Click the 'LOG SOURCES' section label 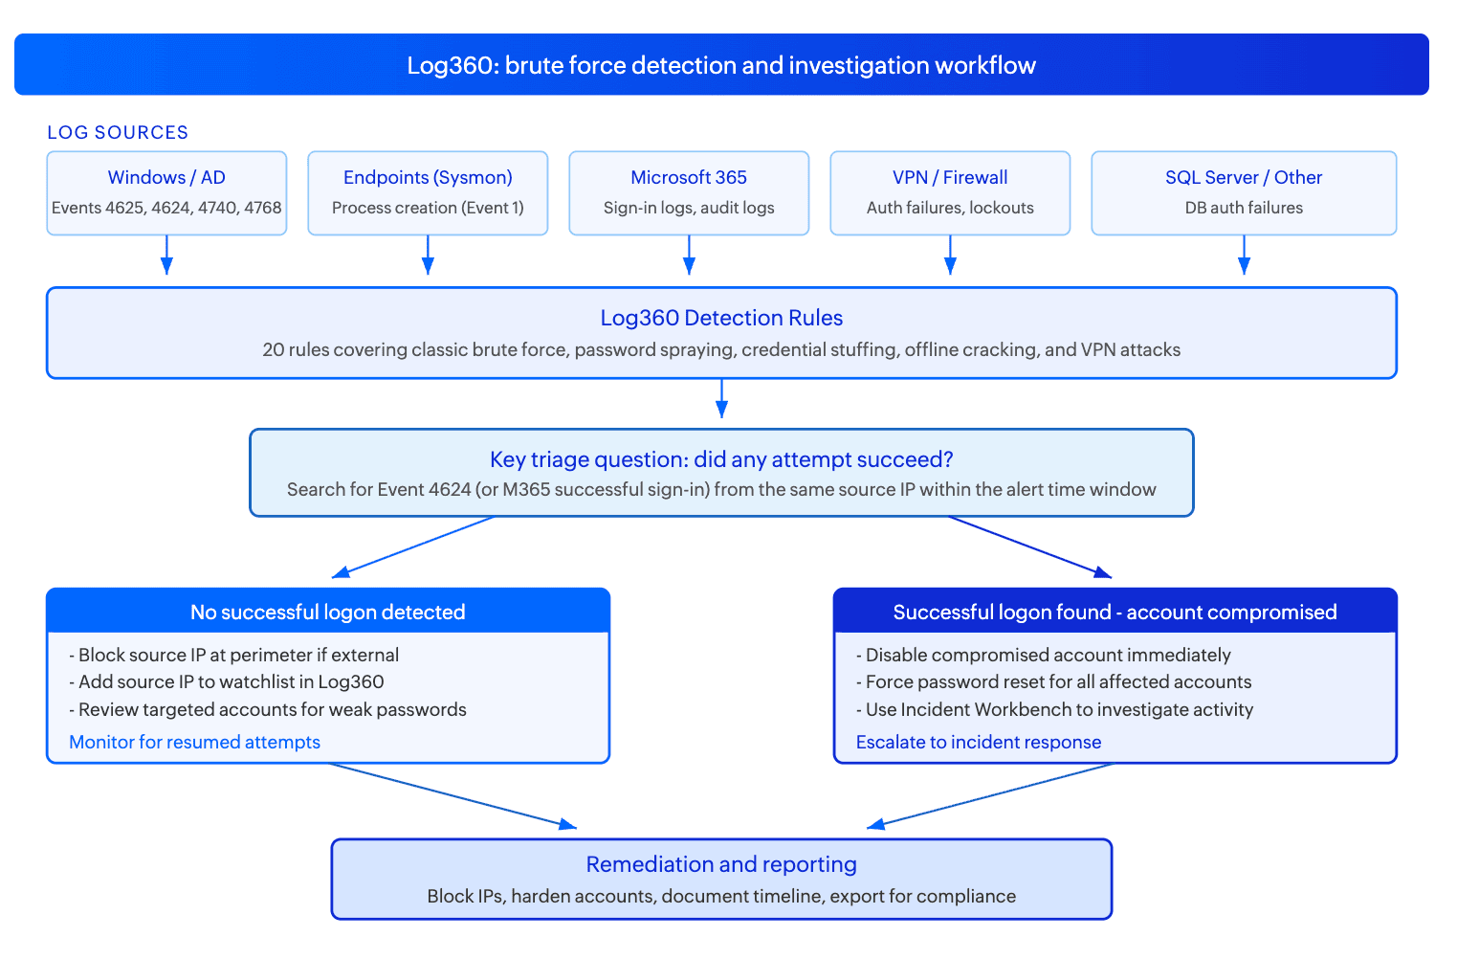click(118, 132)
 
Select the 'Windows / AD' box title click(166, 177)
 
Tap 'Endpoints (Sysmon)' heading click(428, 177)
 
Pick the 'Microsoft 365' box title click(689, 177)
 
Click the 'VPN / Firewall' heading click(950, 177)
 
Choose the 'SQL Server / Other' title click(1244, 177)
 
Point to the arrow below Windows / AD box click(166, 255)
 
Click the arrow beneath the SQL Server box click(1244, 255)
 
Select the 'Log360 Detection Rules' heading click(721, 318)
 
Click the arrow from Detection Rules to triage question click(721, 398)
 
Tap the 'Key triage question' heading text click(721, 459)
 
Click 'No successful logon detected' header click(327, 613)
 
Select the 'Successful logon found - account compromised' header click(1115, 613)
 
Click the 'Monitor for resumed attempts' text click(195, 742)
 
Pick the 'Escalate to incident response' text click(979, 742)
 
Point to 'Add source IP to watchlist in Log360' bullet click(227, 681)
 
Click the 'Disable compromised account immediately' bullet click(1043, 655)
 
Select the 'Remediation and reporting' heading click(721, 864)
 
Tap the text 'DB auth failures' click(1244, 208)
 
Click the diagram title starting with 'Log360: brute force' click(721, 65)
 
